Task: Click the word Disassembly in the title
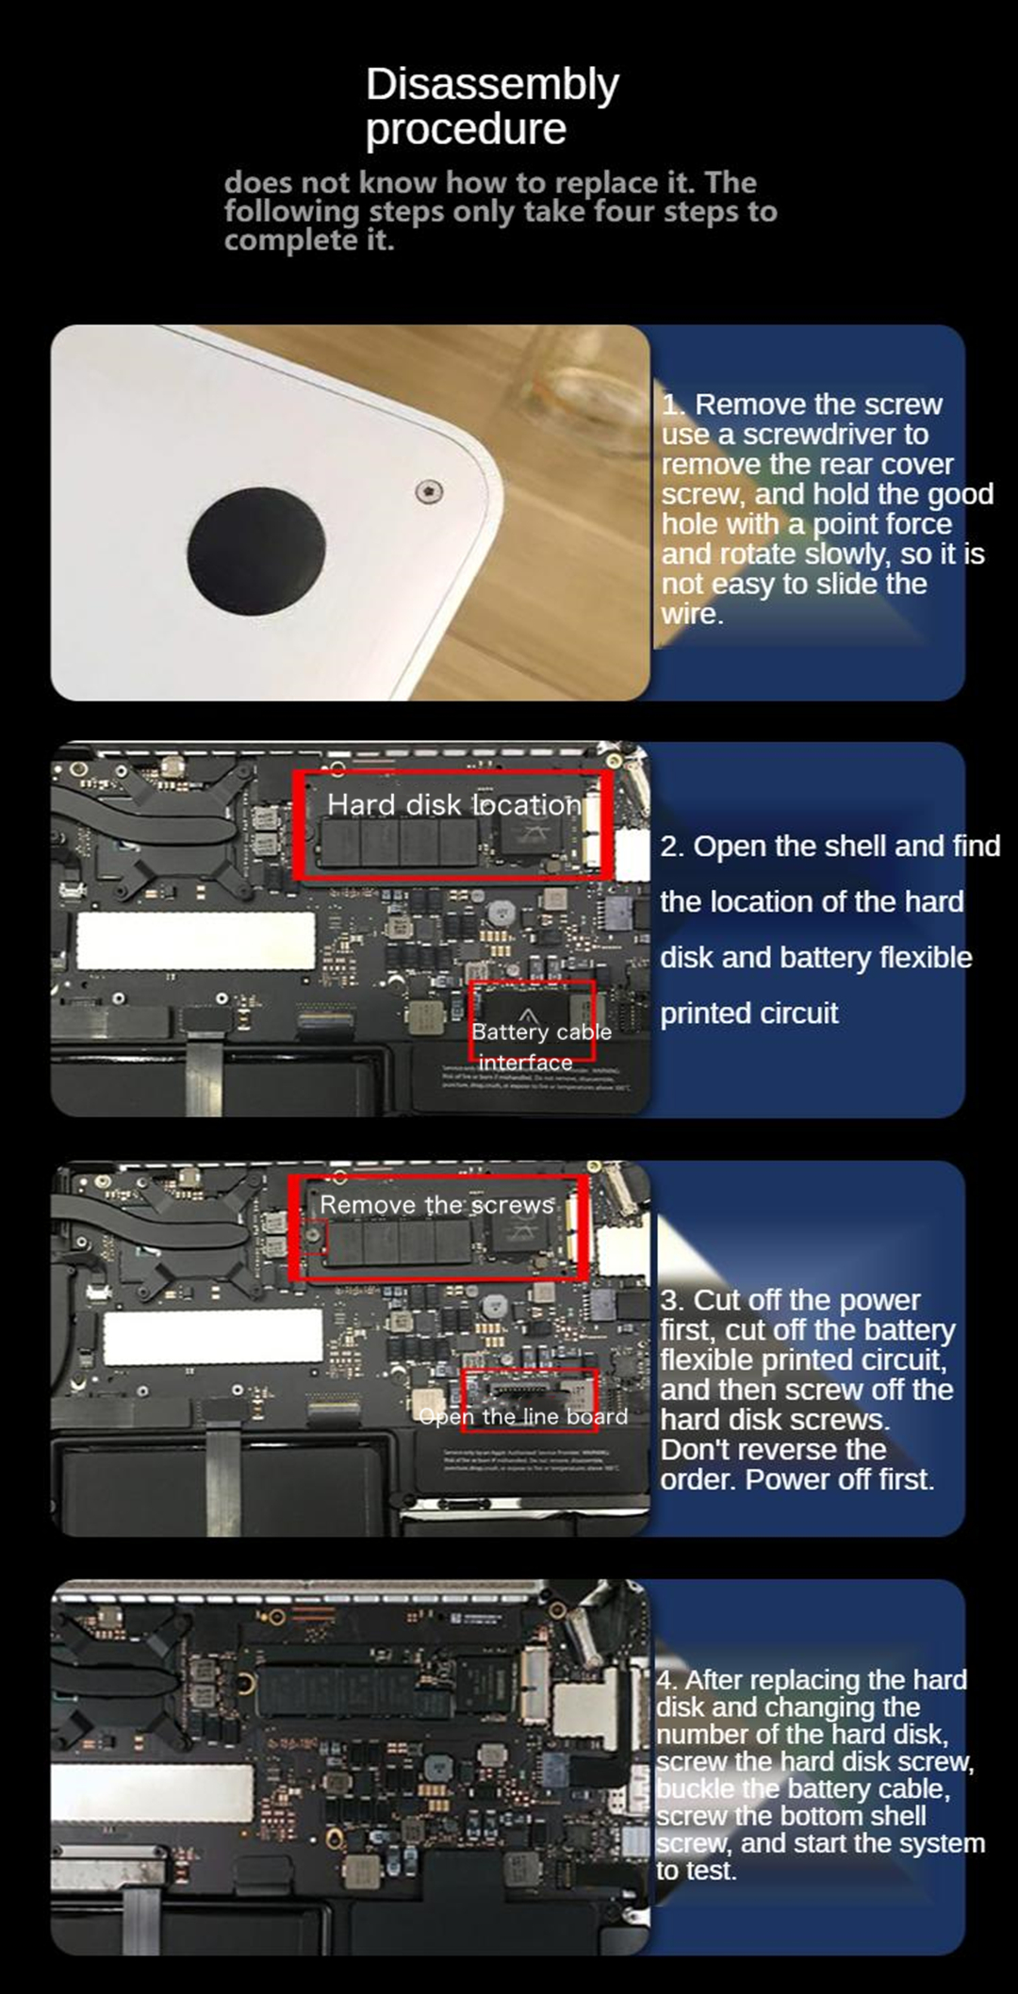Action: click(x=492, y=85)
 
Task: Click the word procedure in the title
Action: click(x=466, y=129)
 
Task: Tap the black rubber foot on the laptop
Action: click(x=255, y=552)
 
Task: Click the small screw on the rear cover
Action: click(x=430, y=490)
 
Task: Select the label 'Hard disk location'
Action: click(x=453, y=804)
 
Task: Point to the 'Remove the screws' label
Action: click(x=436, y=1205)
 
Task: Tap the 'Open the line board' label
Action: click(x=523, y=1417)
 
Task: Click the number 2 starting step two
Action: click(x=670, y=847)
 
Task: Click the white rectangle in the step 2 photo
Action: click(x=195, y=940)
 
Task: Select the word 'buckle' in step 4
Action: click(x=693, y=1788)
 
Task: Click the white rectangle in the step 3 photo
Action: click(x=212, y=1337)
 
